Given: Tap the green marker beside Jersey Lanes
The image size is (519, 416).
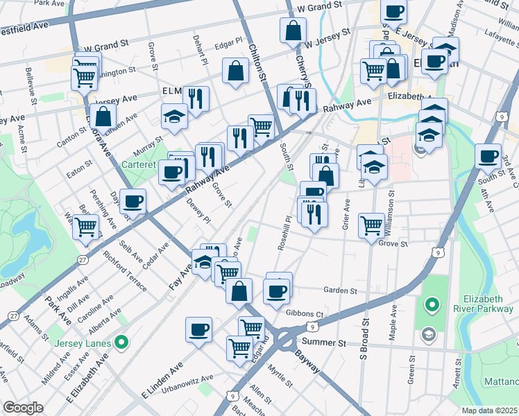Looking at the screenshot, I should pos(121,341).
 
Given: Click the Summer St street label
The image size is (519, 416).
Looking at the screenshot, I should pos(323,343).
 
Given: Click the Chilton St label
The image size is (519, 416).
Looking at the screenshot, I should pos(257,60).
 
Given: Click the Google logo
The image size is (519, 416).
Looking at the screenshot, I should pos(23,408).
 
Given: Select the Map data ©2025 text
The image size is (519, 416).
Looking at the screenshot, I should pos(489,410).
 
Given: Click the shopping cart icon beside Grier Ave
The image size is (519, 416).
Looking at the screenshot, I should pos(372,225).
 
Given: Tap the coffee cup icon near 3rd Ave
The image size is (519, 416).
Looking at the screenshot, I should pos(488,155).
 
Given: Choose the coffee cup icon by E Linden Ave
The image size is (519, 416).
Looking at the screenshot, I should pos(198,328).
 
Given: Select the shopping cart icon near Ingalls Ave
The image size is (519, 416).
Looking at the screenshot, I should pos(86,226).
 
